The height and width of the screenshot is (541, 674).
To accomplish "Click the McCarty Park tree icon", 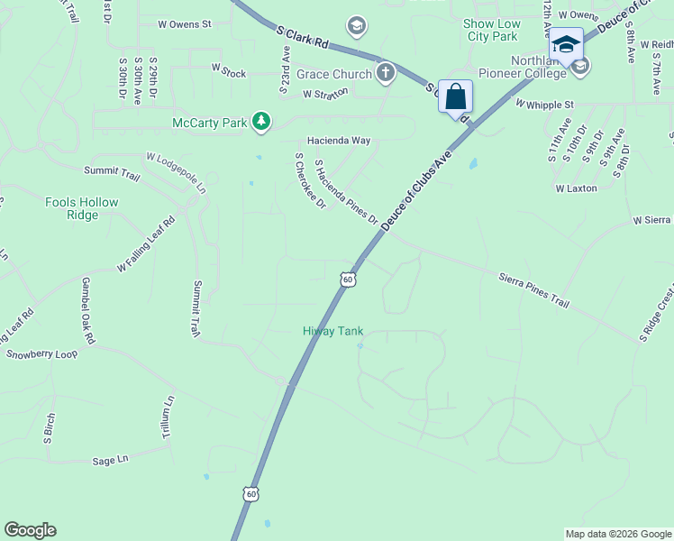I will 261,121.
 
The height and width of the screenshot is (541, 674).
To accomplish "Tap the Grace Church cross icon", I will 386,72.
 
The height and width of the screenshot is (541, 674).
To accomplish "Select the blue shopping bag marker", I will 455,96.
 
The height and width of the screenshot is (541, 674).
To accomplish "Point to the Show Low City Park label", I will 490,30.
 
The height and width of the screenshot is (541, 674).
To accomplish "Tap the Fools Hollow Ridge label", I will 81,208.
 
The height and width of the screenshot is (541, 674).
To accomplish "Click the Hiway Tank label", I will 332,332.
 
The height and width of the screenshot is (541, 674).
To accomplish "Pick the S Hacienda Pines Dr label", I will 345,192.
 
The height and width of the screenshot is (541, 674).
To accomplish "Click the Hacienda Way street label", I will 338,141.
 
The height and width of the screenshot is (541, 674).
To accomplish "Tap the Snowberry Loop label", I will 42,354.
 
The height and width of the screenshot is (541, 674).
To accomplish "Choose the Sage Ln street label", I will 111,460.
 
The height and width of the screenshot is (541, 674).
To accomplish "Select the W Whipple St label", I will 544,105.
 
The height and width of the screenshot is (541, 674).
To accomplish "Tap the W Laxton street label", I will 577,189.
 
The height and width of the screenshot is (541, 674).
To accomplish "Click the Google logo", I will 30,530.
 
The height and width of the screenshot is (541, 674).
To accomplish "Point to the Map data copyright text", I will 618,534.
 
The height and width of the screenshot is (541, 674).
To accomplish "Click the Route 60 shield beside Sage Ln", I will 250,493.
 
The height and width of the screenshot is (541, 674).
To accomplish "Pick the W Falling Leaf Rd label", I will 145,244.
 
